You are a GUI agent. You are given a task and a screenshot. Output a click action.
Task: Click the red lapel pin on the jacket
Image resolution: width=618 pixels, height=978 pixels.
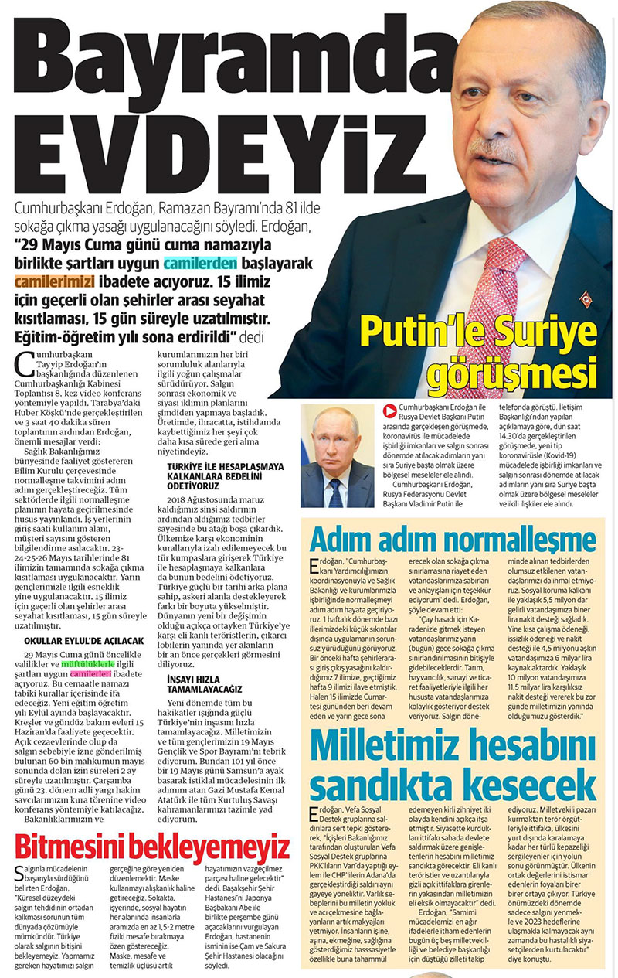point(586,298)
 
